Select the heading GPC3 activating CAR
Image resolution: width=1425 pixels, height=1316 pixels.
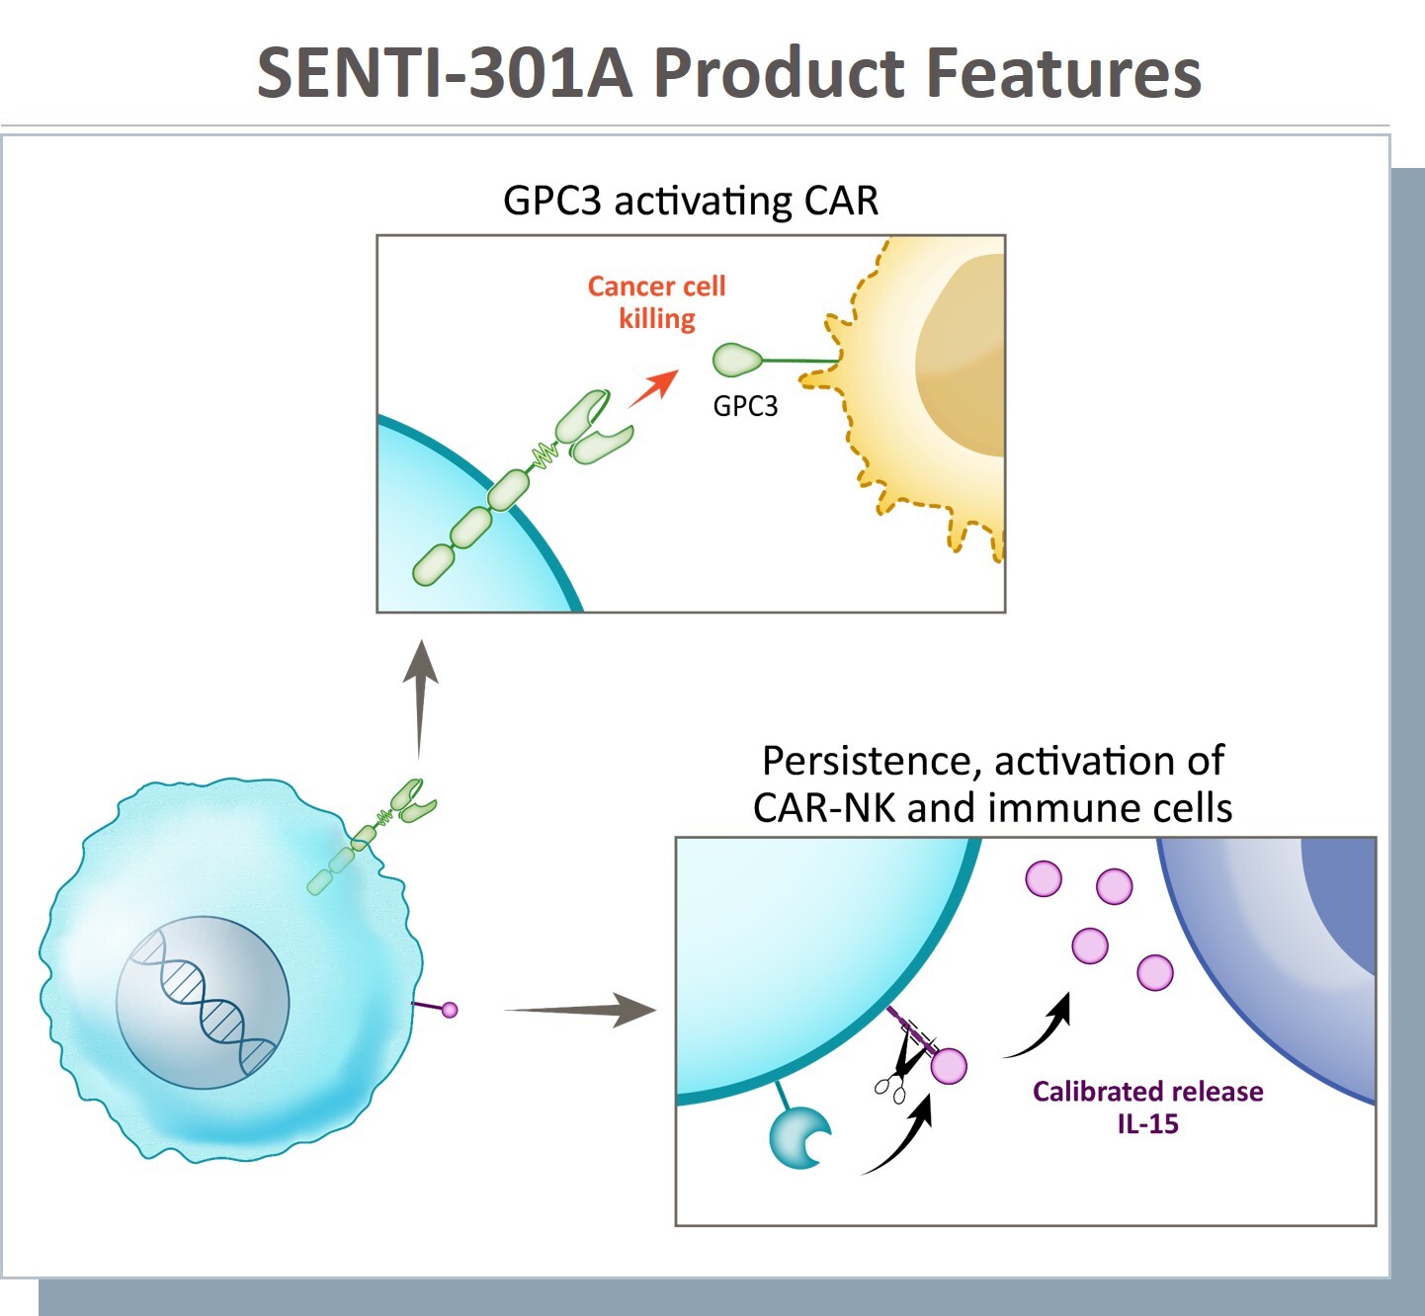click(x=691, y=201)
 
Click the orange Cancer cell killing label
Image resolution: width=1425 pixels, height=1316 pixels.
click(x=657, y=302)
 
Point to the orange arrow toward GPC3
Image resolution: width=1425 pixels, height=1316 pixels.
click(x=652, y=388)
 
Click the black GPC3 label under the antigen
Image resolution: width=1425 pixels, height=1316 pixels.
click(x=745, y=406)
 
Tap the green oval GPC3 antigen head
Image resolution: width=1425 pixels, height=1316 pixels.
click(x=736, y=360)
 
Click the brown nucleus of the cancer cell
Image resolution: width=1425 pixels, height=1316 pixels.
click(x=964, y=356)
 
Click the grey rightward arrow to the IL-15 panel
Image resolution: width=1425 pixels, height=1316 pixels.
click(x=583, y=1009)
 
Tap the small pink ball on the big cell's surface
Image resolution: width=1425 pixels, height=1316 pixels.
click(x=450, y=1010)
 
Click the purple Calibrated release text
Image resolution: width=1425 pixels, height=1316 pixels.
click(x=1147, y=1092)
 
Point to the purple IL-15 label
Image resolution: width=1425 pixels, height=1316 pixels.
click(x=1147, y=1124)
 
